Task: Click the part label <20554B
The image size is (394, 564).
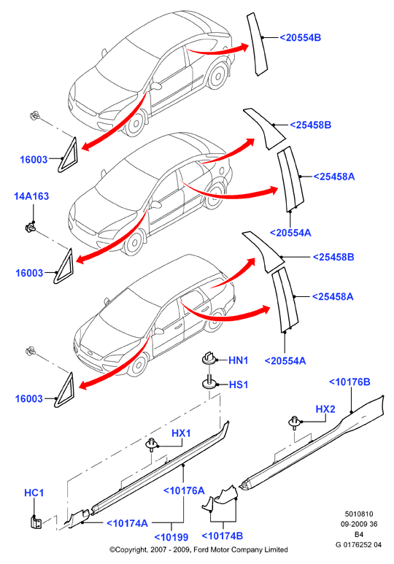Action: point(300,37)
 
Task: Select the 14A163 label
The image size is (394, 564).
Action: point(31,196)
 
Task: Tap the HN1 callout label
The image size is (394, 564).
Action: point(238,360)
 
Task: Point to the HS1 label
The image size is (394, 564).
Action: point(239,385)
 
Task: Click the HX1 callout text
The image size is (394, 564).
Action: point(181,433)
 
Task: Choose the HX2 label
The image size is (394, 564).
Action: point(325,409)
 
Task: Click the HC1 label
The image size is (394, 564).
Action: point(34,492)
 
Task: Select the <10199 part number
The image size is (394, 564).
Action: point(171,538)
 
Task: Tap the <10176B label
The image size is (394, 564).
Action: point(349,382)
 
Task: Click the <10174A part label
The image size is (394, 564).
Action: point(128,523)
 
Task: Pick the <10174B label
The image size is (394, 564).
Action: point(223,536)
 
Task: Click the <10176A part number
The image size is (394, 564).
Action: point(184,490)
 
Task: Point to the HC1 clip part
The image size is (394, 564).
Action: point(36,522)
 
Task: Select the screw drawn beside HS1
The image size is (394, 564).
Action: point(209,382)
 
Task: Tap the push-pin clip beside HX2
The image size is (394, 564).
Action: point(294,422)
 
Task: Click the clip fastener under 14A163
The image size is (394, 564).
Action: point(30,228)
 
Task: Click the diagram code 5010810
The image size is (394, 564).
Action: point(359,514)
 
